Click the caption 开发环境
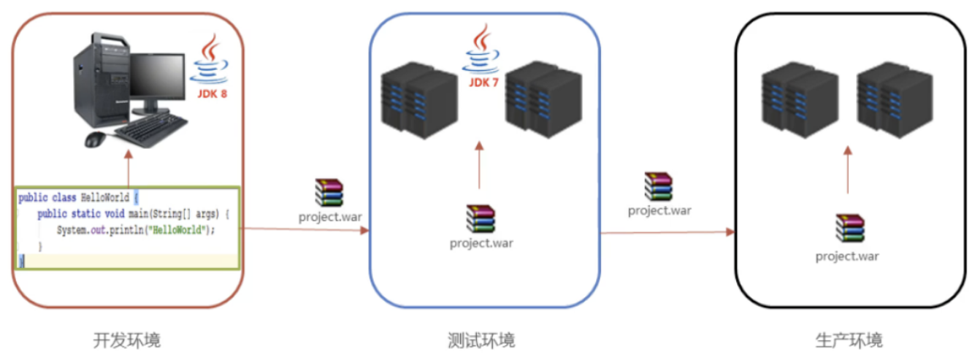(x=127, y=340)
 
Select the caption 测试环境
(x=481, y=340)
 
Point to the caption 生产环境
(x=849, y=340)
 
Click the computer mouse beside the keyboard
(x=96, y=139)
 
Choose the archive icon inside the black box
(x=849, y=229)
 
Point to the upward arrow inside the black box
(x=848, y=169)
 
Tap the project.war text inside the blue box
(x=481, y=243)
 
